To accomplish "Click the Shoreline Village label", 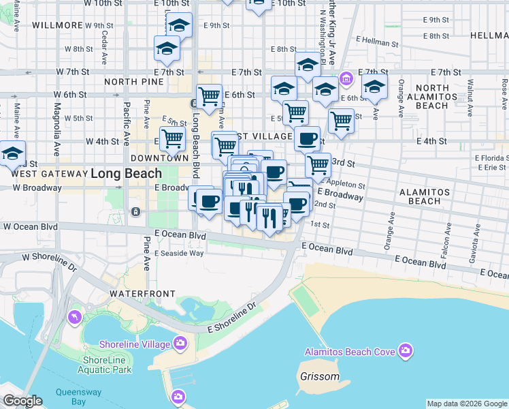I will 135,344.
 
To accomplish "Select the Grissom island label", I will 319,376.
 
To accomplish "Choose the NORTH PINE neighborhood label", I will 134,82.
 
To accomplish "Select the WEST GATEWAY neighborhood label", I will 48,174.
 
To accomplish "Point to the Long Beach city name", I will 126,173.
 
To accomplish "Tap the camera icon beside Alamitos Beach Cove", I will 406,351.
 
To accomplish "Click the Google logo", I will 22,401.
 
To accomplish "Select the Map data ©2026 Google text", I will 467,404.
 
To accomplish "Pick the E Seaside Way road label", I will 179,254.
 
